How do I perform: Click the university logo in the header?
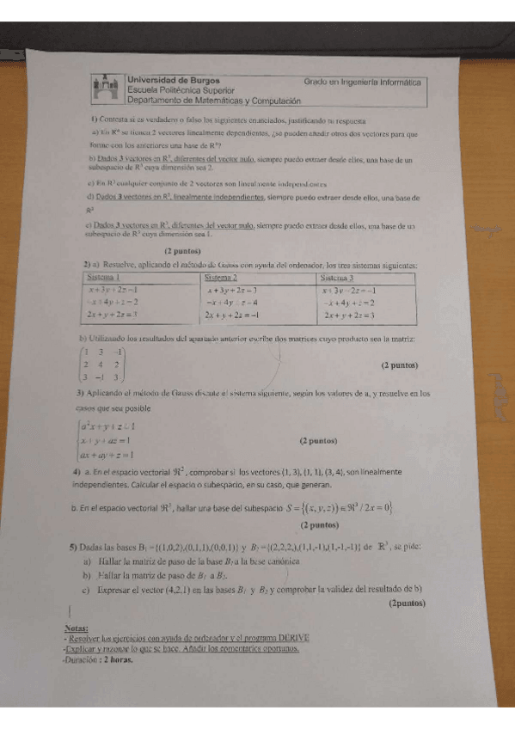coord(107,87)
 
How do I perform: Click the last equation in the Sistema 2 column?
coord(237,315)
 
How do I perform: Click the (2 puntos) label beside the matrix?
coord(398,364)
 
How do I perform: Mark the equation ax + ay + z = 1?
coord(107,455)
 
